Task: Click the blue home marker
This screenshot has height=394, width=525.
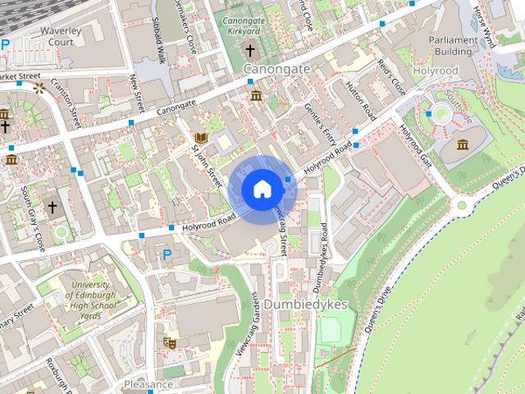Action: point(262,189)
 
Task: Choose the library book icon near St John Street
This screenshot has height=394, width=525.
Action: point(199,137)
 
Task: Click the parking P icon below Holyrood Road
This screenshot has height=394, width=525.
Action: point(167,254)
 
